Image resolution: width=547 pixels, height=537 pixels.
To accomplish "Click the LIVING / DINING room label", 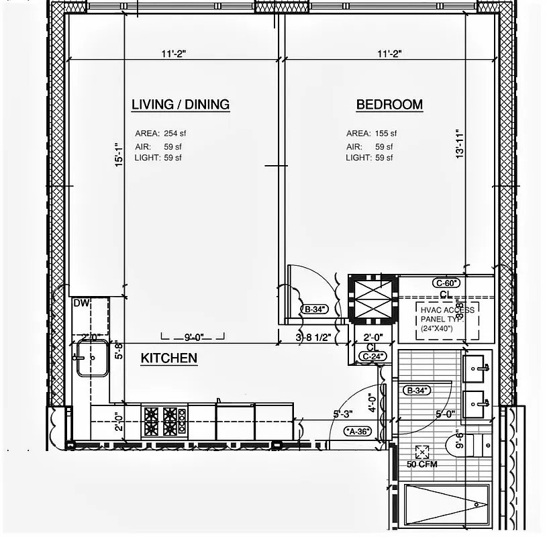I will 180,105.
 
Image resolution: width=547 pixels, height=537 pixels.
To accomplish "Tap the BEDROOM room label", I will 389,105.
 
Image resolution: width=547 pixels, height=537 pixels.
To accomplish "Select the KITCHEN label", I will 168,358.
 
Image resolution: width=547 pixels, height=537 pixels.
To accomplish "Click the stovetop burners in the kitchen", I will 164,421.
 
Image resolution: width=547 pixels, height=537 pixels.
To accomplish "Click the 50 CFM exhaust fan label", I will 421,463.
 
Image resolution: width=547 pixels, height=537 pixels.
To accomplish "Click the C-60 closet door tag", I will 446,283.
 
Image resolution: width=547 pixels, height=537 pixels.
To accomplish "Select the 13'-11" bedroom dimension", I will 460,144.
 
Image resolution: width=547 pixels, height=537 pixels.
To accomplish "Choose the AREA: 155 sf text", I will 371,134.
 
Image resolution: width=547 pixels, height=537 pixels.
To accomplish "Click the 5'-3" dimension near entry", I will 343,414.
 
